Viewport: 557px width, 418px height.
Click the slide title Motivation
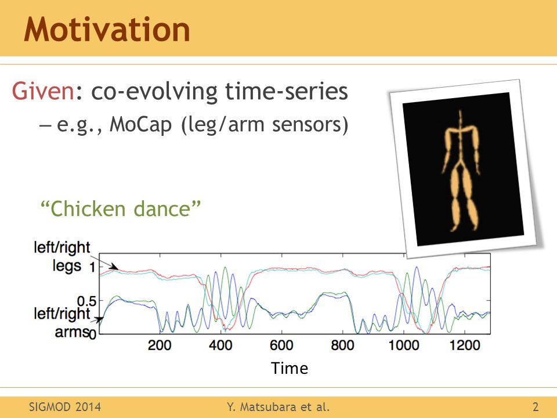(x=107, y=30)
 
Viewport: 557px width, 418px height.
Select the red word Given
(x=43, y=91)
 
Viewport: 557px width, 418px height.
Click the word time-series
(x=286, y=91)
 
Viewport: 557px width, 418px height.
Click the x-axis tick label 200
(x=160, y=345)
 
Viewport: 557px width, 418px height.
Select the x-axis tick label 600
(x=281, y=345)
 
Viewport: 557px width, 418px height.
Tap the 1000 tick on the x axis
(x=404, y=345)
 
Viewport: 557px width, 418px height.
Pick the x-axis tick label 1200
(x=465, y=345)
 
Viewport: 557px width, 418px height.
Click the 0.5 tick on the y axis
(x=86, y=301)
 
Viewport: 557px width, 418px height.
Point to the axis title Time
(x=289, y=368)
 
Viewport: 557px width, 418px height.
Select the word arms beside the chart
(x=71, y=331)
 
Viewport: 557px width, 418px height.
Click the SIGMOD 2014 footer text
(x=64, y=406)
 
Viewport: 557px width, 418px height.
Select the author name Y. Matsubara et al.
(x=278, y=406)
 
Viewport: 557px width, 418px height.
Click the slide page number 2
(x=536, y=406)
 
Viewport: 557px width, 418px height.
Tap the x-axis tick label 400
(x=220, y=345)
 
